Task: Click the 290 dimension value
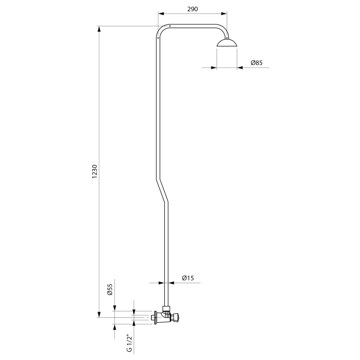[x=192, y=9]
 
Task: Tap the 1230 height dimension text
[x=95, y=172]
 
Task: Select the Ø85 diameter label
[x=256, y=63]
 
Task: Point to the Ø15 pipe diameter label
[x=188, y=278]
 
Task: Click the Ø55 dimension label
[x=110, y=290]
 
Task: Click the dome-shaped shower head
[x=227, y=43]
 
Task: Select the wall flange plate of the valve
[x=156, y=317]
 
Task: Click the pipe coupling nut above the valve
[x=166, y=308]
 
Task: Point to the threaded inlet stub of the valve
[x=153, y=318]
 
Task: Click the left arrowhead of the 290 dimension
[x=161, y=14]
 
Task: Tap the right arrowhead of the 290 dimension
[x=224, y=14]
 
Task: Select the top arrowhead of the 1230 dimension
[x=99, y=29]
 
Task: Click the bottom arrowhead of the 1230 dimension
[x=99, y=315]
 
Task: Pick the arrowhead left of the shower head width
[x=214, y=68]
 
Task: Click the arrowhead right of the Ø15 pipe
[x=171, y=283]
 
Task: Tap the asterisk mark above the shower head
[x=227, y=38]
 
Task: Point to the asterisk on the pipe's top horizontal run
[x=170, y=26]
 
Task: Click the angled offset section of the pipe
[x=162, y=191]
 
